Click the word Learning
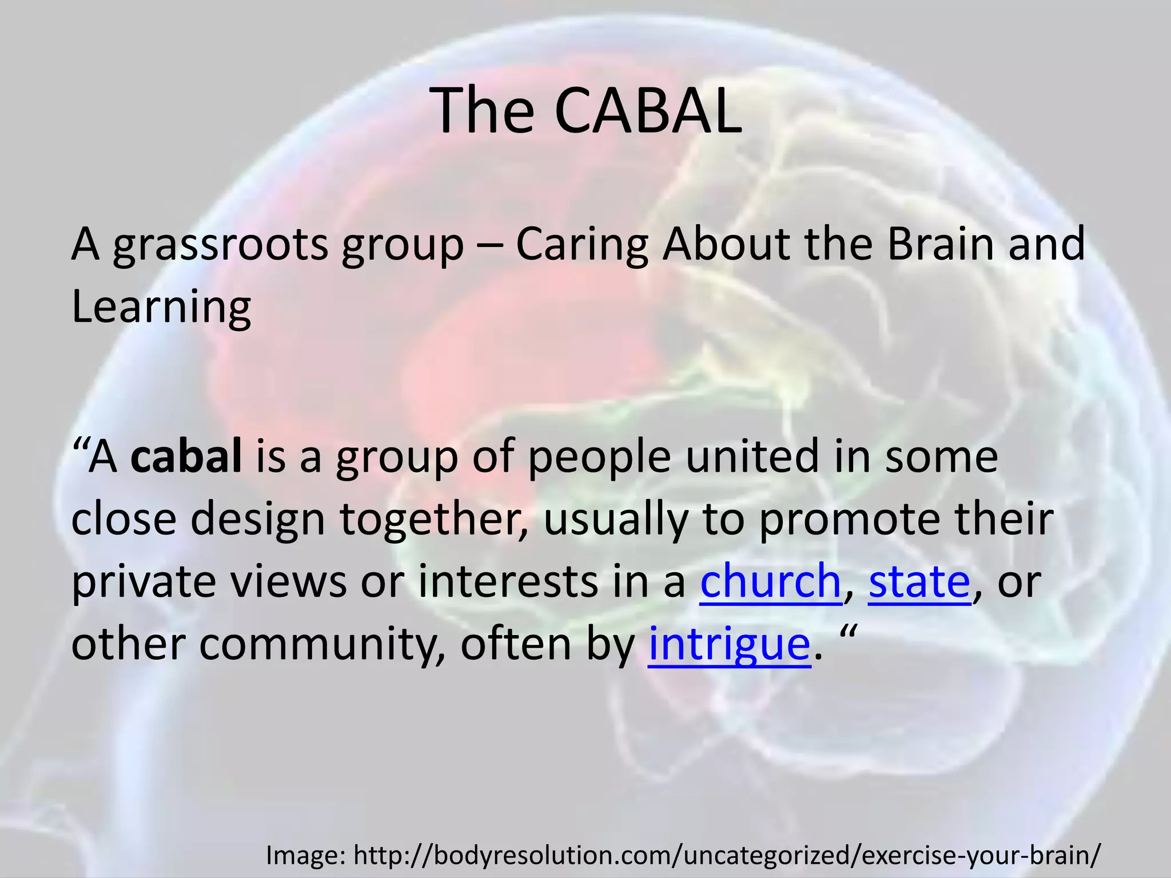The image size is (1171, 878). click(161, 308)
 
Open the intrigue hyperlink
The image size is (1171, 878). click(729, 645)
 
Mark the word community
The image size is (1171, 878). click(322, 645)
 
